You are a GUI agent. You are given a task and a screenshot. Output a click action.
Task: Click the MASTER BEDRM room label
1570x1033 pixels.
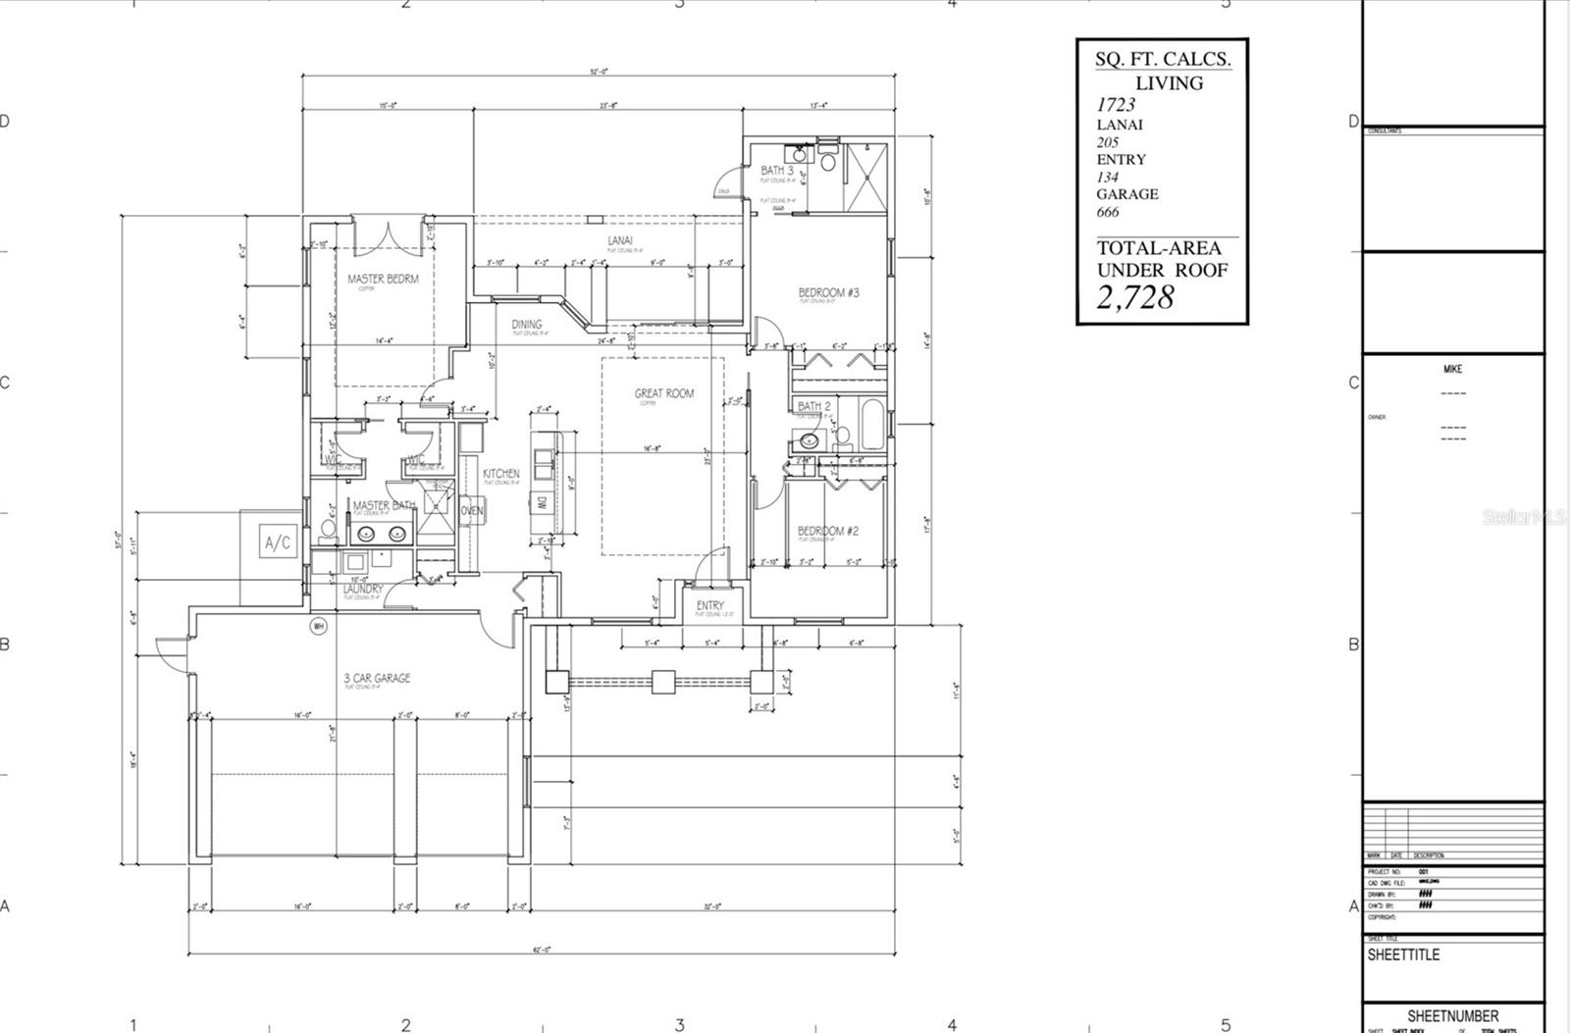pos(383,279)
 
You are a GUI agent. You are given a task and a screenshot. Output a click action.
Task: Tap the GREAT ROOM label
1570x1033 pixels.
pos(663,393)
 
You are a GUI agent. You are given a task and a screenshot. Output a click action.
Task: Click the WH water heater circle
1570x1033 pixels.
pos(318,626)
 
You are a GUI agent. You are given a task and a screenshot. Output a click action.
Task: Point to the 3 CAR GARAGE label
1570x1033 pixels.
pos(377,678)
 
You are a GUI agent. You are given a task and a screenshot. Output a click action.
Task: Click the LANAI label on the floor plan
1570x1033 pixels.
pos(619,240)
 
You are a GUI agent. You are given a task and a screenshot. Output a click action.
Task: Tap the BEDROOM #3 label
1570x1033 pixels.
pos(828,292)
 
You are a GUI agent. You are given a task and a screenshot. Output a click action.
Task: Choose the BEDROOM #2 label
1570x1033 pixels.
pos(827,531)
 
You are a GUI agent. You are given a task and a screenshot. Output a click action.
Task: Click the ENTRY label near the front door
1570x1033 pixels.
pos(709,606)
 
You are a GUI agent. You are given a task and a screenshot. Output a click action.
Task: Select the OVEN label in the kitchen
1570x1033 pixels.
pos(472,511)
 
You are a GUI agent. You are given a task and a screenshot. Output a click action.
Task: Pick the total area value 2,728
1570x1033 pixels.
pos(1134,296)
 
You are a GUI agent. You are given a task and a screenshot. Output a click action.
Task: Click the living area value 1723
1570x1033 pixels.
pos(1116,105)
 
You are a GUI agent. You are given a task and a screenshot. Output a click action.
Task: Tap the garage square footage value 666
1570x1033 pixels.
pos(1107,212)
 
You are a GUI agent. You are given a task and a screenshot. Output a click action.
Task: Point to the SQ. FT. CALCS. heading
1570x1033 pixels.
pos(1162,59)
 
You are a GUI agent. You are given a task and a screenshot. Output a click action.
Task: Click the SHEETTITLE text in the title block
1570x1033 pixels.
pos(1403,955)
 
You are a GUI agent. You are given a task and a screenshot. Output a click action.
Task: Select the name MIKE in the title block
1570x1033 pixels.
pos(1452,369)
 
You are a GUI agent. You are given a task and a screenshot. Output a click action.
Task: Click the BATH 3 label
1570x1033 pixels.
pos(777,171)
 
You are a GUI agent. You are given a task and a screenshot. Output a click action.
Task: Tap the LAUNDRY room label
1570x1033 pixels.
pos(363,589)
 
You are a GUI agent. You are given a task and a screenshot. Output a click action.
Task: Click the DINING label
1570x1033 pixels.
pos(526,325)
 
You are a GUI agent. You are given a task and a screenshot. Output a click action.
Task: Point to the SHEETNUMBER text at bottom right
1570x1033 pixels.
pos(1452,1016)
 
